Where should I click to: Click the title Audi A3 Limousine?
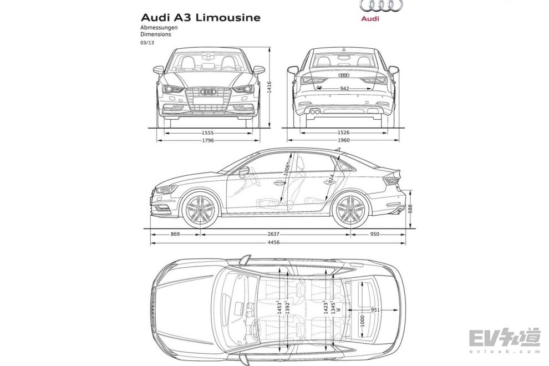[200, 17]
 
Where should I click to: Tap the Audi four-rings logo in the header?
[380, 6]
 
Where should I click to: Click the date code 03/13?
[147, 41]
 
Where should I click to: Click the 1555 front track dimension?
[208, 133]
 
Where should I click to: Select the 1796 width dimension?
[208, 140]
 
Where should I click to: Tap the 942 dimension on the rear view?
[344, 88]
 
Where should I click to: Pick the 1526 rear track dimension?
[344, 133]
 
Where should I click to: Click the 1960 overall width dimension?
[344, 140]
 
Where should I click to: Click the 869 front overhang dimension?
[175, 235]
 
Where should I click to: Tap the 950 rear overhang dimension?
[374, 235]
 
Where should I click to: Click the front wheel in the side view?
[200, 210]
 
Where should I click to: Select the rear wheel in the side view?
[350, 210]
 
